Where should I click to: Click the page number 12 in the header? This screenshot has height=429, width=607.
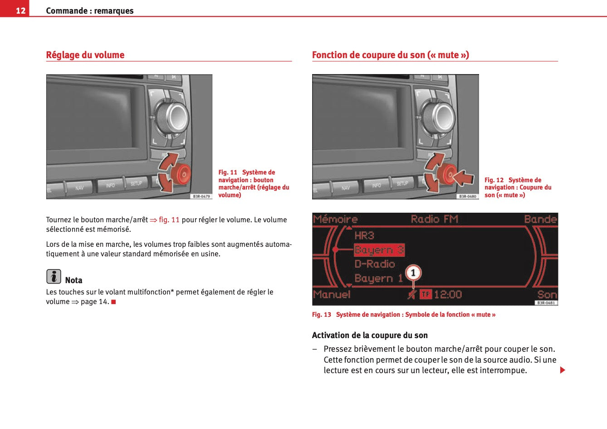(20, 10)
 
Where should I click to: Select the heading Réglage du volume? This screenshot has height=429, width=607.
(85, 55)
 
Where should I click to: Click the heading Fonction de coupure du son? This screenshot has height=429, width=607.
(390, 55)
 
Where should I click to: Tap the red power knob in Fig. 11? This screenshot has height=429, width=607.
(183, 173)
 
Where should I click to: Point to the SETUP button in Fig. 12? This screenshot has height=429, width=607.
(402, 183)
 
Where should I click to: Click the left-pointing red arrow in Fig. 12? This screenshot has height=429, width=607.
(464, 177)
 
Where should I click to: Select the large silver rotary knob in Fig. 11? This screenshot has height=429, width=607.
(173, 117)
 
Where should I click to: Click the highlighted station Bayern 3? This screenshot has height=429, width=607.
(379, 250)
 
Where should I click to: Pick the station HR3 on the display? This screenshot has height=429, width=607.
(364, 235)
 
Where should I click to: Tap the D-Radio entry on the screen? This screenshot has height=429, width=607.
(375, 264)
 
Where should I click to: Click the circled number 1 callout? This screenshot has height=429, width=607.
(413, 273)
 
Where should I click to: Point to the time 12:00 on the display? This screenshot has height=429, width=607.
(448, 294)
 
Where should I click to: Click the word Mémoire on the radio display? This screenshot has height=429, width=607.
(335, 219)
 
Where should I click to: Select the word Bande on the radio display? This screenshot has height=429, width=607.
(540, 219)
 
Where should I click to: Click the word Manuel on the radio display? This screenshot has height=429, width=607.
(332, 294)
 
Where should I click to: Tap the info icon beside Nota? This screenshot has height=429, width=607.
(54, 276)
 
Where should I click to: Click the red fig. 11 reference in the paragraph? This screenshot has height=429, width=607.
(169, 220)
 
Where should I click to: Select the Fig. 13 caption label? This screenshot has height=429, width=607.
(322, 314)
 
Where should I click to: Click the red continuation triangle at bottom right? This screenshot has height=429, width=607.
(563, 370)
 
